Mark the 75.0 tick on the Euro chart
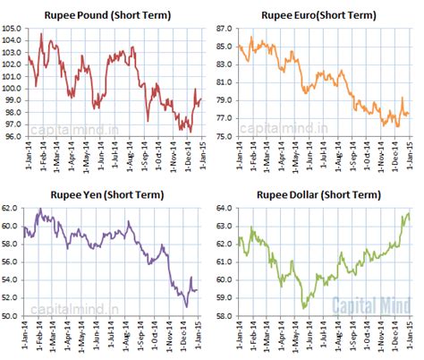coord(223,136)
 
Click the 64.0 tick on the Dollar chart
coord(223,208)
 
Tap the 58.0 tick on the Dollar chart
coord(223,316)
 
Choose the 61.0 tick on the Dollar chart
coord(223,261)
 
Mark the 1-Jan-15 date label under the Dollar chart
coord(411,338)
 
